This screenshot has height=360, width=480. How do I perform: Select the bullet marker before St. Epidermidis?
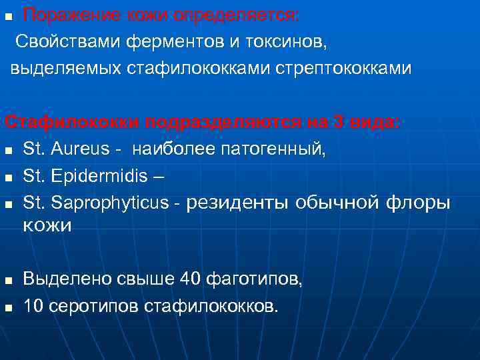(8, 178)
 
